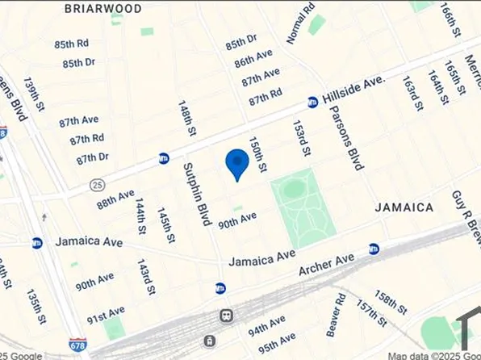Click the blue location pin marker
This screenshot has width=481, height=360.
pos(236,164)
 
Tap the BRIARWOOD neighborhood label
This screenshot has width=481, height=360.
pos(102,8)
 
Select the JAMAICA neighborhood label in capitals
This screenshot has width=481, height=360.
pos(404,207)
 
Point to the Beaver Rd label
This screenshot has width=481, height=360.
pos(336,320)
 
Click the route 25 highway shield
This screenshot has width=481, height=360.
pos(97,185)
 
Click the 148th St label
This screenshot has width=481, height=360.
pos(187,118)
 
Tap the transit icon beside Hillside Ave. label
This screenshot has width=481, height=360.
pos(312,102)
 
